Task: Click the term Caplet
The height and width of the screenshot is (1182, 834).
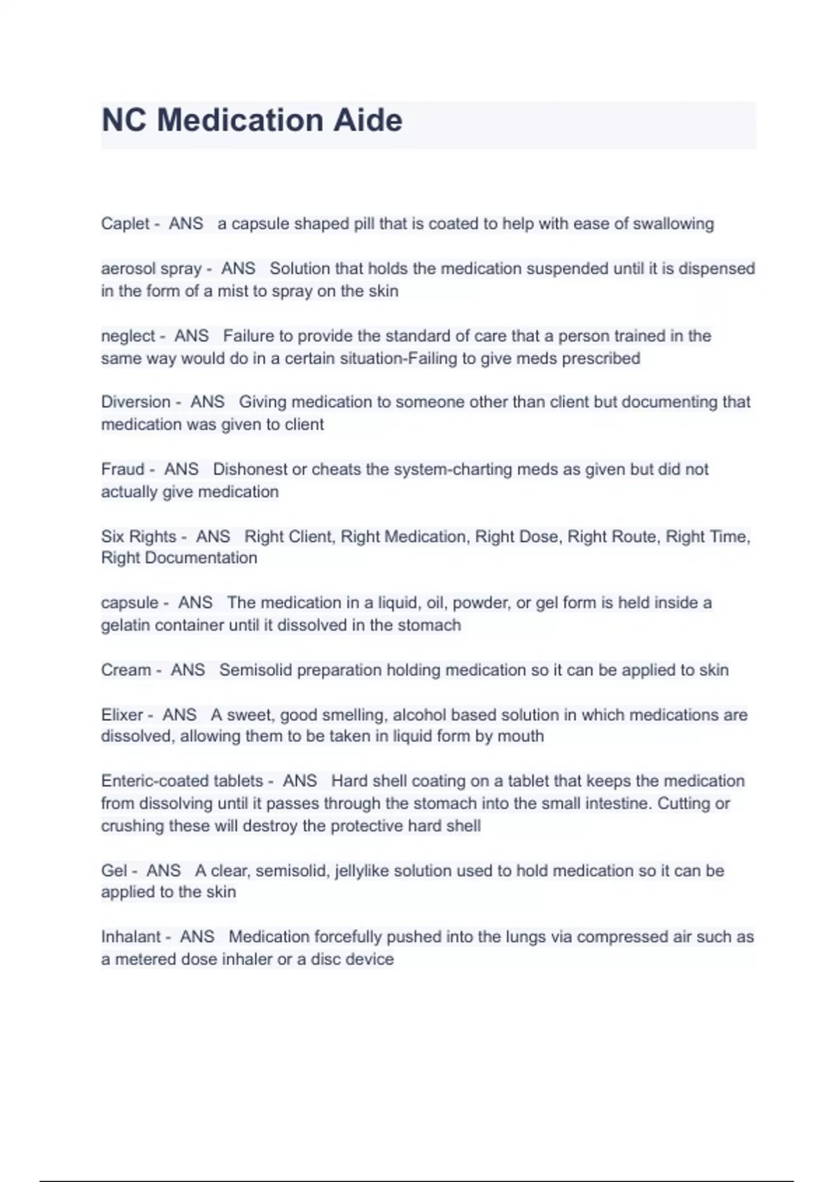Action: (125, 224)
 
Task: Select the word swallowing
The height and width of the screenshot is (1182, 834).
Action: (673, 224)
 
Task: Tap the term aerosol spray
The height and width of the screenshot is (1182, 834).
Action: (151, 269)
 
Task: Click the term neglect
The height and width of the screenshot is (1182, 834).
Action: (128, 337)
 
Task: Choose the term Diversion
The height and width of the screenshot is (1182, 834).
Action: (136, 402)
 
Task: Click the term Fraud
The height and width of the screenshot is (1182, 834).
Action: (122, 469)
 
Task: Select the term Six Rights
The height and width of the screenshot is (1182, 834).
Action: (138, 537)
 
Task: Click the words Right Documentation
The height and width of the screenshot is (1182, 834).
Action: (179, 558)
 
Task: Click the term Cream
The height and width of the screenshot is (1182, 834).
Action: (126, 670)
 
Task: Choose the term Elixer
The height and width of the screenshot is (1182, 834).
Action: (122, 715)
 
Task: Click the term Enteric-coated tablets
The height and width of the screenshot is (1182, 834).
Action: (182, 782)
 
